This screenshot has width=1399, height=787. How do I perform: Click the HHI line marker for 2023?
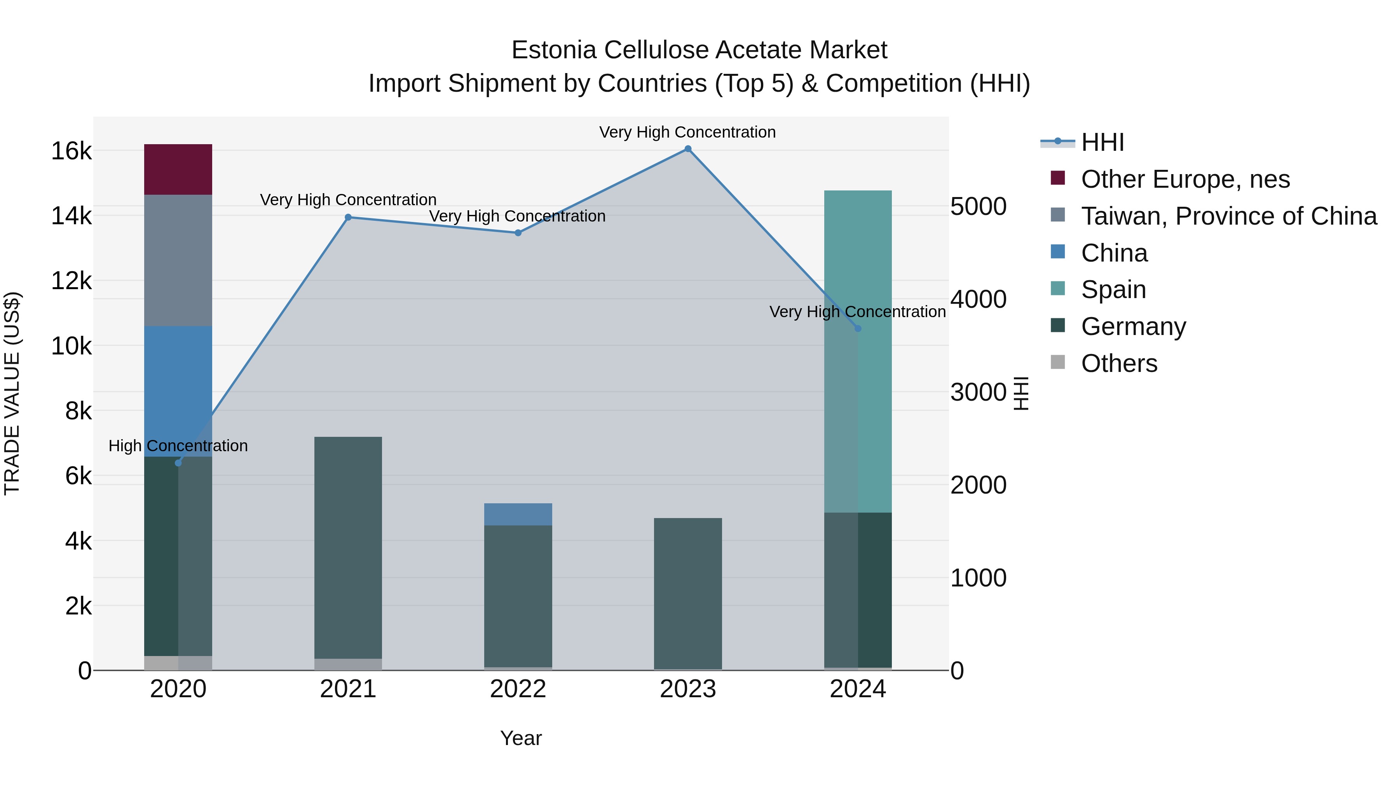687,149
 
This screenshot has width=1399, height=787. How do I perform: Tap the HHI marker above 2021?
348,217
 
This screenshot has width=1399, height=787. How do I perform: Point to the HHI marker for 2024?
858,328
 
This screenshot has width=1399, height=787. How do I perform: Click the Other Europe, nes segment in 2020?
178,169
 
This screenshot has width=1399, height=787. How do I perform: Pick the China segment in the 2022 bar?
518,514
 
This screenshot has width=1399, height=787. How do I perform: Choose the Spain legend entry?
1113,290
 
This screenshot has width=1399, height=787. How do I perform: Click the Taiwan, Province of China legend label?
1228,216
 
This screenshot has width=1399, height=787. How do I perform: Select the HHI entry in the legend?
1102,142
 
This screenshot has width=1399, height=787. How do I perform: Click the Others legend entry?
1119,363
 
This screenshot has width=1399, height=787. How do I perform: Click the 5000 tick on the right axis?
978,206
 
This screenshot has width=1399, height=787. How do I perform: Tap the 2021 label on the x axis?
348,689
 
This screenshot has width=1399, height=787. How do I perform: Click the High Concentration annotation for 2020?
178,446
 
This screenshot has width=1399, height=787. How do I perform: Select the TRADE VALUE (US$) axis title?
12,393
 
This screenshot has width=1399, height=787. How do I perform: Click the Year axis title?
521,738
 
